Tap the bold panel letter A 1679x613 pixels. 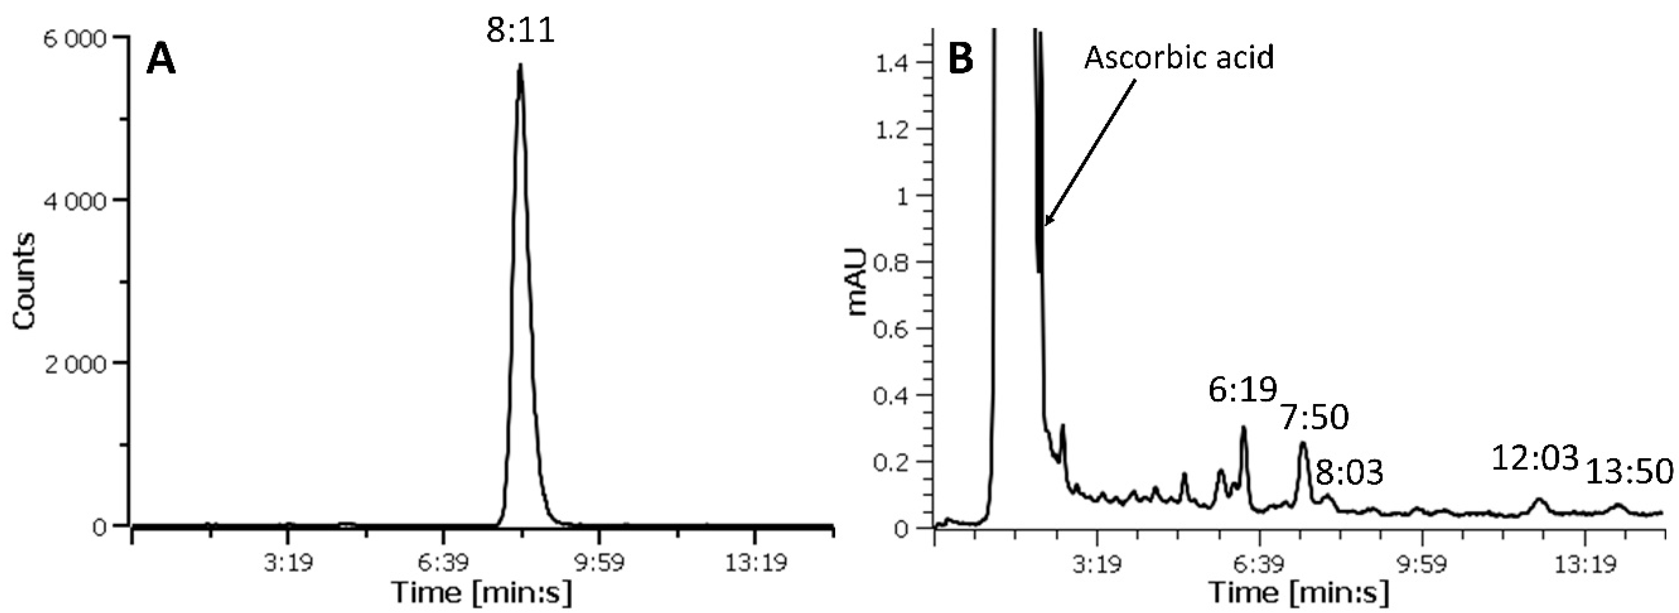(160, 61)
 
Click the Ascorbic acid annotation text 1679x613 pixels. (1178, 57)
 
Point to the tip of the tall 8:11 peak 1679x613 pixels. (520, 65)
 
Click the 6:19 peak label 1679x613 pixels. (1242, 391)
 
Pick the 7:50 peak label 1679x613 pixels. (1314, 418)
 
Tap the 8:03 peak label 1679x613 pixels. (1349, 473)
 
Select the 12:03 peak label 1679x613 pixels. (1535, 458)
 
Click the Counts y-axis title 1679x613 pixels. (24, 281)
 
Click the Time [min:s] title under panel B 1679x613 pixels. (1299, 592)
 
